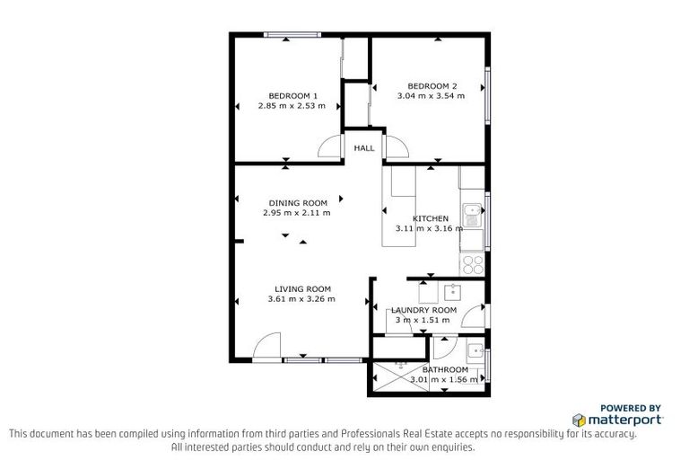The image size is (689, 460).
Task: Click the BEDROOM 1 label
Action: (x=293, y=95)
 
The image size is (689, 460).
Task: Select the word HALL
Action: (x=363, y=148)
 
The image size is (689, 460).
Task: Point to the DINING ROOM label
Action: (x=298, y=203)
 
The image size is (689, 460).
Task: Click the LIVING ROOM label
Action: (x=301, y=288)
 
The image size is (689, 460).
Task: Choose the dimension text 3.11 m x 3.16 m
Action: (x=430, y=228)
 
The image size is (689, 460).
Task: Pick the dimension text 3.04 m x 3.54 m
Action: (x=432, y=95)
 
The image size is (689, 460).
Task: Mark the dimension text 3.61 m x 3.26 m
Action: (x=301, y=299)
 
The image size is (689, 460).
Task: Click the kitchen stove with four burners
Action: (x=473, y=264)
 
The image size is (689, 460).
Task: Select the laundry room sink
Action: (x=453, y=292)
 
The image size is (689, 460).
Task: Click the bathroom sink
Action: (x=475, y=349)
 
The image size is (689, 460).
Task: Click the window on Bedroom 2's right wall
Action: (x=487, y=93)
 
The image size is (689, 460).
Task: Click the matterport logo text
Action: (x=626, y=420)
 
